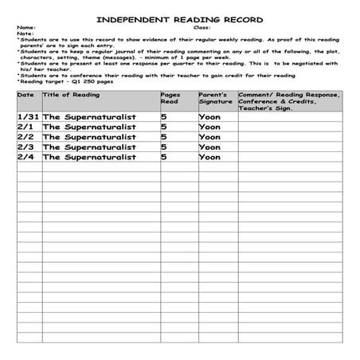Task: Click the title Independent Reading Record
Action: point(179,19)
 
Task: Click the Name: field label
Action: point(26,28)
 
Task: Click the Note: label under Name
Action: point(25,33)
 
